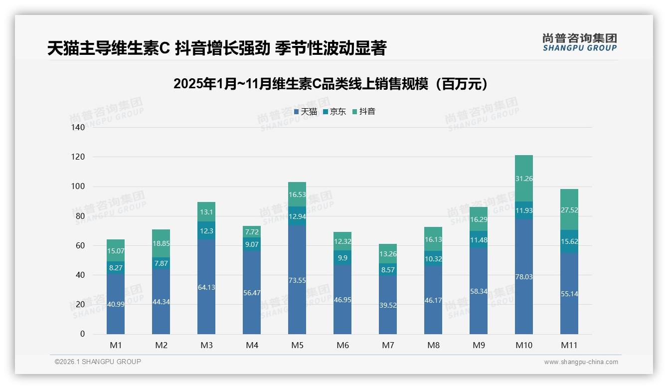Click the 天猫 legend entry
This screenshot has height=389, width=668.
(x=306, y=112)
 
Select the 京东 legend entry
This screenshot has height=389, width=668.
(x=334, y=112)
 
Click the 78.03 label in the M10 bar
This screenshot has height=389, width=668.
(x=524, y=277)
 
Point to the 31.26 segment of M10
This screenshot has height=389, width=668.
(x=524, y=179)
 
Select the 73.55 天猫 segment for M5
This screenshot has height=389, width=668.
(x=297, y=280)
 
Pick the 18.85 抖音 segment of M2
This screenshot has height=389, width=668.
(x=161, y=243)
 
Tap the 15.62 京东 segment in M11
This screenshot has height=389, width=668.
(x=569, y=241)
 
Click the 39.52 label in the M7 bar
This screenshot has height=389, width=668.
(x=388, y=305)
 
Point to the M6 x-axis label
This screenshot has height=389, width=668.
(x=342, y=345)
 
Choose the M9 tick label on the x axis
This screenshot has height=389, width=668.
(x=479, y=345)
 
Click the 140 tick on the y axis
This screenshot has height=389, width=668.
(x=78, y=128)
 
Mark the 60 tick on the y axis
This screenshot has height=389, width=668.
(x=80, y=246)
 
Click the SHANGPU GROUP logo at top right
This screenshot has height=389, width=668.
(x=579, y=42)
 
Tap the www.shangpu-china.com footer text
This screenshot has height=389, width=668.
(x=581, y=362)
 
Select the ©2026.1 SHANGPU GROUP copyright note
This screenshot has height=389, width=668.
(x=98, y=362)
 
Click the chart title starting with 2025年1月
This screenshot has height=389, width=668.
(x=330, y=84)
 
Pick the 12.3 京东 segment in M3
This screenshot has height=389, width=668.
(x=206, y=231)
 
